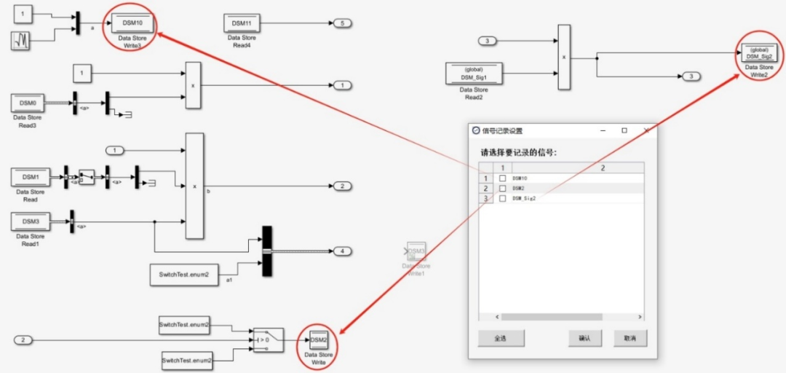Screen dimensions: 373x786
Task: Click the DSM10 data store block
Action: point(132,24)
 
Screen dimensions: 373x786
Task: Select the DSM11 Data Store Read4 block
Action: point(241,23)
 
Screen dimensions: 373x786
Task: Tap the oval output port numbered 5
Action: point(342,23)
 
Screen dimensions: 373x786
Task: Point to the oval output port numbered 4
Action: point(342,251)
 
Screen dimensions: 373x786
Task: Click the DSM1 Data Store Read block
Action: point(30,177)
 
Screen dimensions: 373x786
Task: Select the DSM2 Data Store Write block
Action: point(318,339)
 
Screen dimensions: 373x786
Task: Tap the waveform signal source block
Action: point(21,41)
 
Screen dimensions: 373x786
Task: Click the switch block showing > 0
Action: point(268,339)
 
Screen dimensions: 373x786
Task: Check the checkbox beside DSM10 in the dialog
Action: point(502,178)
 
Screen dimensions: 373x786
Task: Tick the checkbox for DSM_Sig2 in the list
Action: point(502,198)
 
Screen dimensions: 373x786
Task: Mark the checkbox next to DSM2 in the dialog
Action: point(502,188)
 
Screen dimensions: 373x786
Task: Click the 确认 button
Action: point(585,339)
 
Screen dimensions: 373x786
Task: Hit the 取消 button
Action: point(630,339)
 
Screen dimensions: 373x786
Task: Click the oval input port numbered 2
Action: point(24,340)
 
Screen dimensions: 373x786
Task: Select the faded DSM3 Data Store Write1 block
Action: point(416,251)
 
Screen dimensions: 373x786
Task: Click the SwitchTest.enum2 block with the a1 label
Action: point(184,274)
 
